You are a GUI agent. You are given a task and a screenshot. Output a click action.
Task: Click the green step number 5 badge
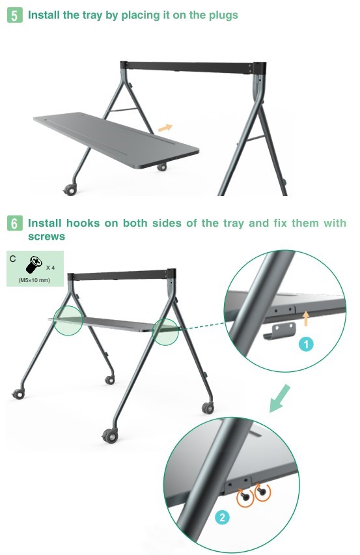tap(14, 16)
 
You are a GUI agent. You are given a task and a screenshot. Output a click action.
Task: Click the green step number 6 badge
tap(14, 223)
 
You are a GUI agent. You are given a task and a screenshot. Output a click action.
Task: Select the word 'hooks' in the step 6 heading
tap(83, 223)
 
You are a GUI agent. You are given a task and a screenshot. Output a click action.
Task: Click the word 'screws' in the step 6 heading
tap(47, 236)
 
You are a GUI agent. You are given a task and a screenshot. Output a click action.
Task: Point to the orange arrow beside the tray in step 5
tap(165, 128)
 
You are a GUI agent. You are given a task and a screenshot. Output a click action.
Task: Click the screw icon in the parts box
tap(34, 264)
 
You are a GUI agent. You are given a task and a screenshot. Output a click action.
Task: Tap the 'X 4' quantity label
tap(50, 268)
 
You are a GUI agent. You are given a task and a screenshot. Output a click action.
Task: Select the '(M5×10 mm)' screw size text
tap(35, 280)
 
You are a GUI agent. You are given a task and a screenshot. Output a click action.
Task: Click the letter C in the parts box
tap(13, 259)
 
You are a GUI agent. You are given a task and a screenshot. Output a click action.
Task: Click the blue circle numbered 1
tap(306, 344)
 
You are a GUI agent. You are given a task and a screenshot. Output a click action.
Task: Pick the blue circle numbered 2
tap(222, 517)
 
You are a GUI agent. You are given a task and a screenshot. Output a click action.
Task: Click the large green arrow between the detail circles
tap(280, 399)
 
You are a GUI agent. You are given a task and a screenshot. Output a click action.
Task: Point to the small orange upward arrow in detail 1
tap(306, 318)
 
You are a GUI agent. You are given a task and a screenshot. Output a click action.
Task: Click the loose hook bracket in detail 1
tap(280, 331)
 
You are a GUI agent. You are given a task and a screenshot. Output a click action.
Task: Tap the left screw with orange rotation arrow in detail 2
tap(245, 496)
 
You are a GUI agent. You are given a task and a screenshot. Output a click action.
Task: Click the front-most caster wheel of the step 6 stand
tap(110, 436)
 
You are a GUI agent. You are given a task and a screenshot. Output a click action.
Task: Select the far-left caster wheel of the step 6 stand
tap(18, 393)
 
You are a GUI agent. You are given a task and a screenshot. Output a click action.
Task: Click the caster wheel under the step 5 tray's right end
tap(162, 167)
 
